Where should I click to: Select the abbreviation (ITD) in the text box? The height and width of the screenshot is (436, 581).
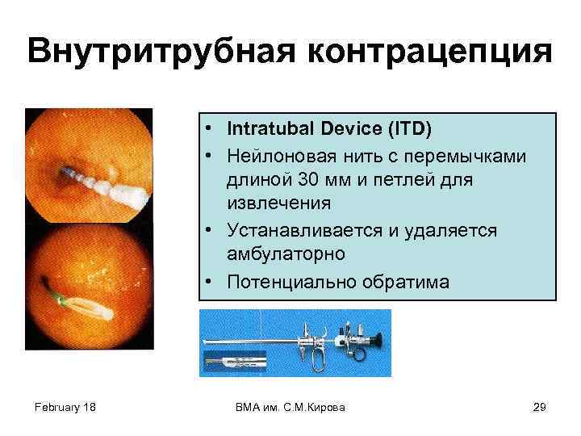pos(408,128)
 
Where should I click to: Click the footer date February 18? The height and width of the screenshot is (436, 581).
pos(65,407)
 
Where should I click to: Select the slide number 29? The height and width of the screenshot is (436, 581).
pos(539,407)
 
